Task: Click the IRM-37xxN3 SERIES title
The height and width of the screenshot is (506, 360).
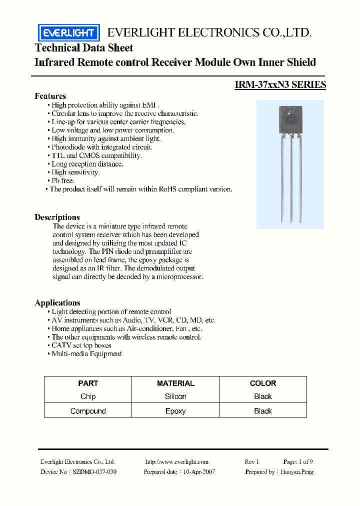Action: tap(280, 85)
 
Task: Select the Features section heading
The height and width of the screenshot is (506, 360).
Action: tap(50, 96)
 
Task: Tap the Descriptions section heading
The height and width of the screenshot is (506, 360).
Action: tap(57, 217)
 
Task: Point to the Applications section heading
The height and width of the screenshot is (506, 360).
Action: tap(57, 302)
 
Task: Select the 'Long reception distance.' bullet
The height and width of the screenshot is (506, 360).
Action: tap(87, 164)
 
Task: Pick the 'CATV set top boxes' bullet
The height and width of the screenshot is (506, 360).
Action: tap(81, 345)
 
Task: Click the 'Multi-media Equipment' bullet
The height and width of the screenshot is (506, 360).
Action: tap(86, 354)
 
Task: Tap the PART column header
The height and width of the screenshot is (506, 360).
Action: tap(88, 383)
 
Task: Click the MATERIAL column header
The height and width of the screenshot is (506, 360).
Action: tap(175, 383)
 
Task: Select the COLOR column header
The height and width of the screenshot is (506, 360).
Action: tap(263, 383)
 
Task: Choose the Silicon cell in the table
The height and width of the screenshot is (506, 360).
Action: tap(175, 396)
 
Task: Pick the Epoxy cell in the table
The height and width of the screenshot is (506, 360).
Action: tap(175, 411)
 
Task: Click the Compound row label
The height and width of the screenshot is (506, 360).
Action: tap(88, 411)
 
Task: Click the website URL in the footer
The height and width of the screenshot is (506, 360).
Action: tap(176, 462)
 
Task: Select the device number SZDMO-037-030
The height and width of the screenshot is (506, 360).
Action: tap(94, 472)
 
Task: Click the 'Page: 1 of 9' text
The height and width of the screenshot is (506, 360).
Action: tap(298, 462)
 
